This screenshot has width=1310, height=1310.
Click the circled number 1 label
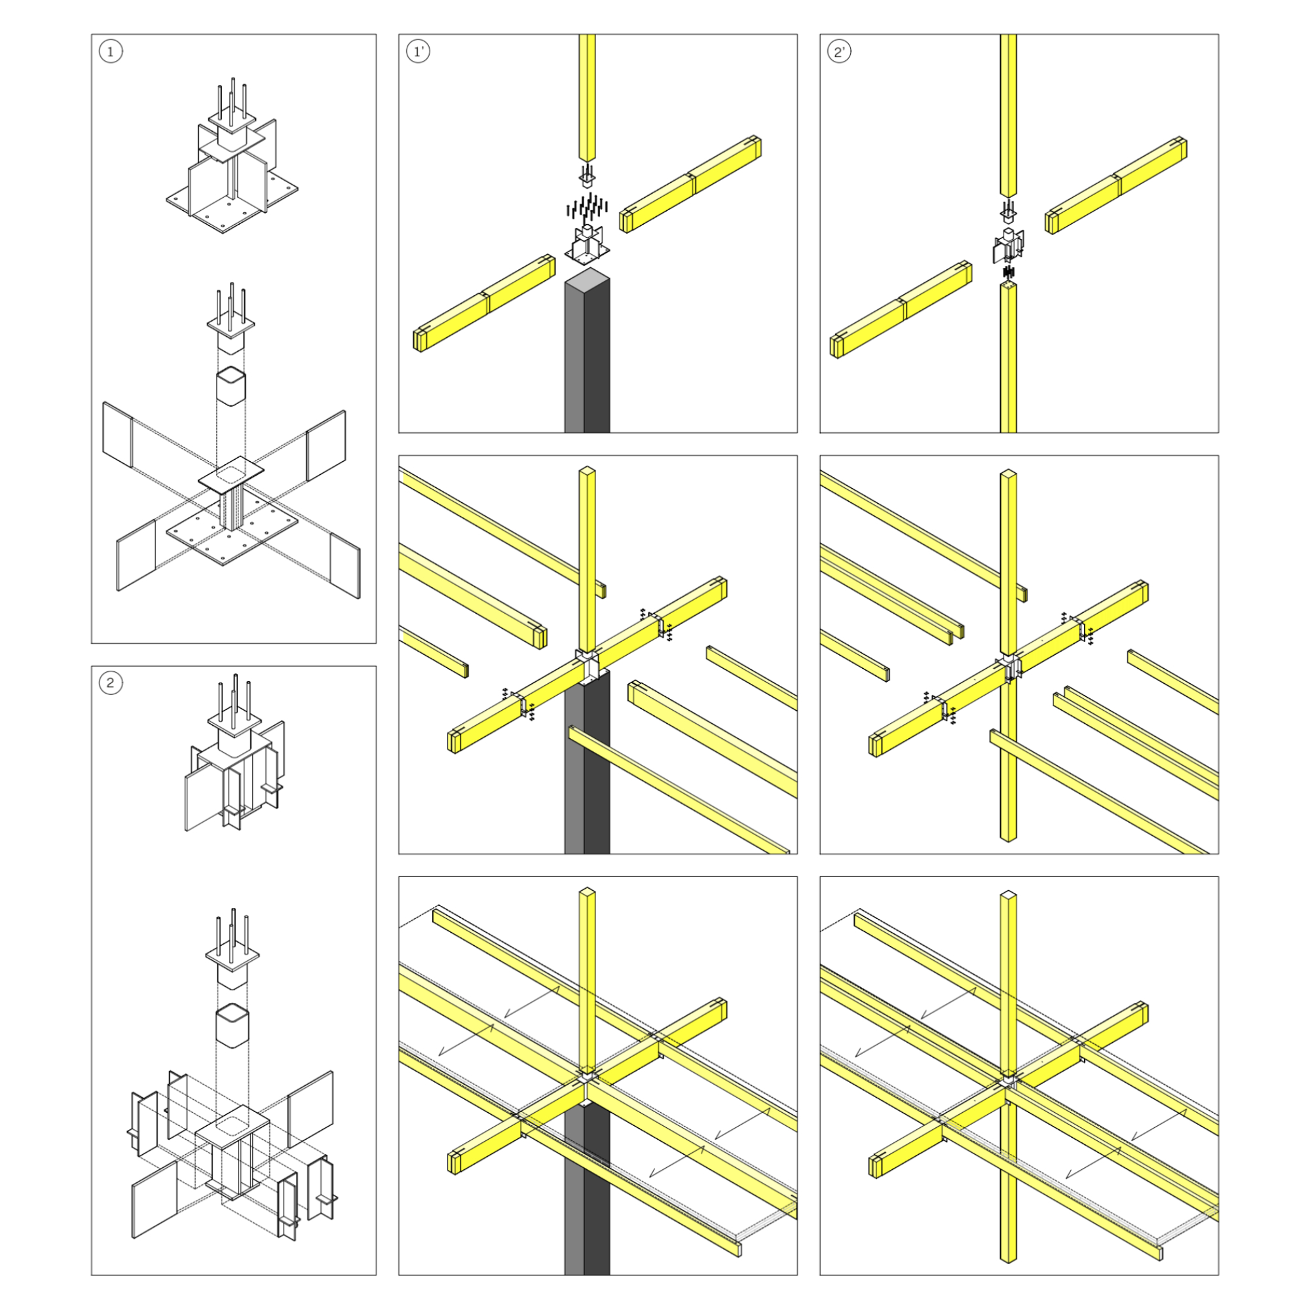tap(111, 52)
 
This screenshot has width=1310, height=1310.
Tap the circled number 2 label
tap(111, 683)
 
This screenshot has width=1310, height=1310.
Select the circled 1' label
tap(419, 52)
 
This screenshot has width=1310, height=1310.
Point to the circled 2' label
tap(840, 52)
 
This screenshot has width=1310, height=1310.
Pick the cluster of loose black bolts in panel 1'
tap(587, 205)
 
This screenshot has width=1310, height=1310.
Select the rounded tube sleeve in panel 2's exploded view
tap(232, 1028)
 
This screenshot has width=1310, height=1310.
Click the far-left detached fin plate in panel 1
tap(117, 435)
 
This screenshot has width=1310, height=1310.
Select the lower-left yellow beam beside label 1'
tap(484, 303)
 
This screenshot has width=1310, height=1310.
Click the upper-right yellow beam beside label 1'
tap(690, 185)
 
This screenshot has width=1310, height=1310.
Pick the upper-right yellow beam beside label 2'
tap(1116, 185)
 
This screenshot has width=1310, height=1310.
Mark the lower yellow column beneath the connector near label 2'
tap(1008, 358)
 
